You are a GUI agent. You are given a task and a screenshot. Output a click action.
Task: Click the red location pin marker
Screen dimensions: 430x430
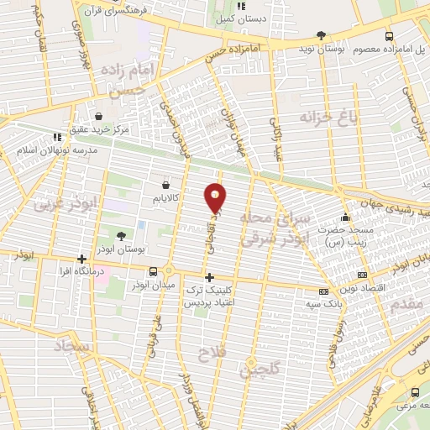click(x=216, y=198)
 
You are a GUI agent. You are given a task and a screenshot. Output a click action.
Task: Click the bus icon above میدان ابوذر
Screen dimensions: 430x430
click(x=153, y=271)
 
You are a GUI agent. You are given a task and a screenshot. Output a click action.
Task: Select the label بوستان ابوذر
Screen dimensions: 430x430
click(x=123, y=250)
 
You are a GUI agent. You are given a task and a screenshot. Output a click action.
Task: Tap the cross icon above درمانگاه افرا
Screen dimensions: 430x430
click(x=81, y=260)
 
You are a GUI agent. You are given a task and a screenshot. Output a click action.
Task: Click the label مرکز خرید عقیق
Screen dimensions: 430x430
click(x=101, y=129)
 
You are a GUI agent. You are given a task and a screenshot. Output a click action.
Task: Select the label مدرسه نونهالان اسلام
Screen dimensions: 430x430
click(x=57, y=149)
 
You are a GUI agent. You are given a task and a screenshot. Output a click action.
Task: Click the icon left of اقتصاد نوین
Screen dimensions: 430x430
click(x=362, y=275)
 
